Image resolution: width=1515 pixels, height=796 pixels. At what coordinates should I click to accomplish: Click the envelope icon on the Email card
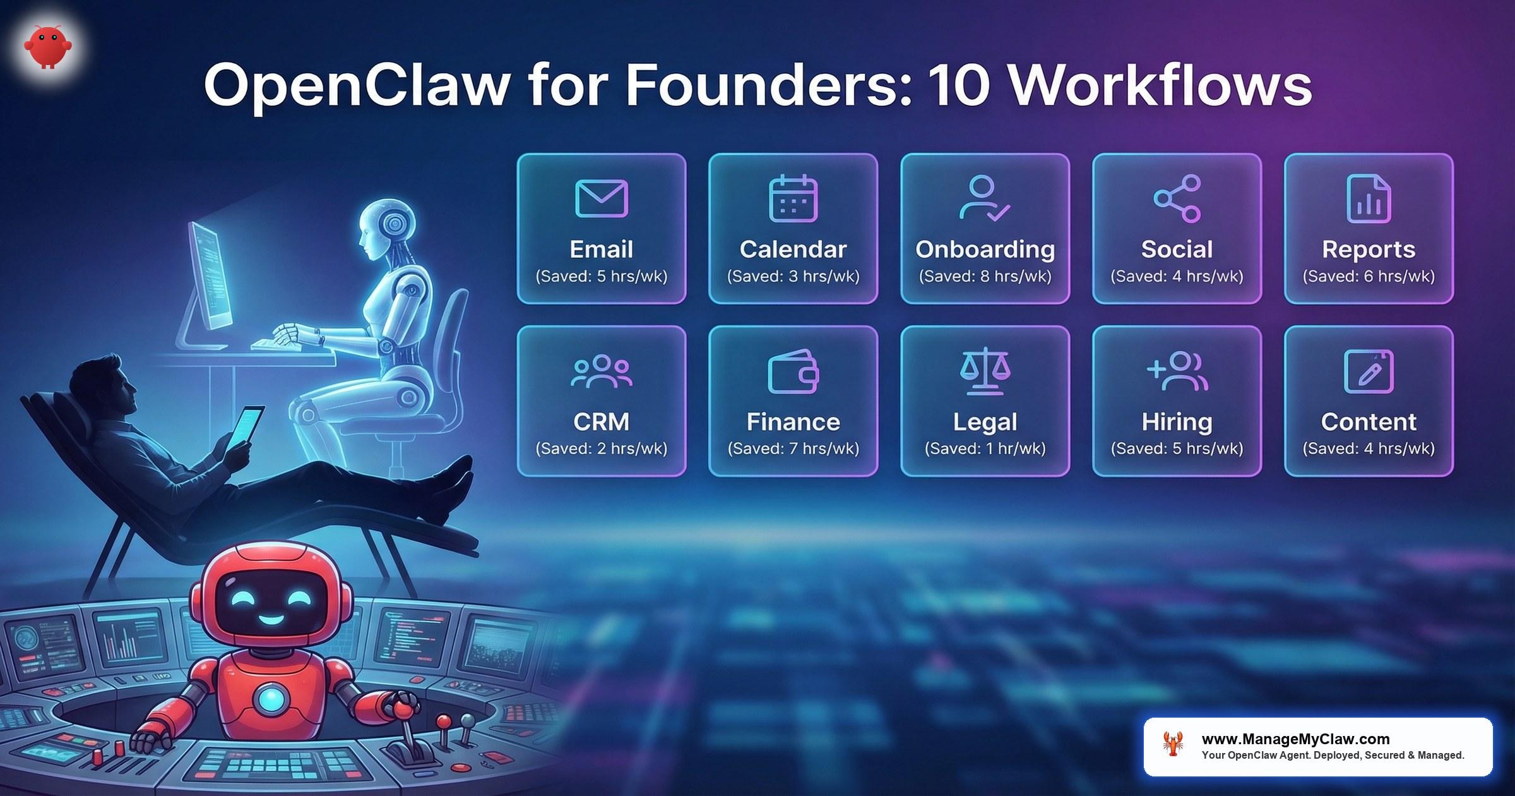click(601, 198)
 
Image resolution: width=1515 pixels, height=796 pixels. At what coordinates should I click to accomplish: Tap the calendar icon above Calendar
click(793, 198)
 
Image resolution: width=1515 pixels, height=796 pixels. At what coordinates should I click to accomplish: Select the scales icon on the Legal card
click(985, 371)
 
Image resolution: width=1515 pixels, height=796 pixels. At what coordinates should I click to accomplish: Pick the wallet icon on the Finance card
click(793, 371)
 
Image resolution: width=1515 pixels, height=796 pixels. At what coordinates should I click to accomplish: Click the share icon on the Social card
click(1177, 198)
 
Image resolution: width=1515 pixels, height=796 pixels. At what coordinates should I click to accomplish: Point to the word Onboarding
click(985, 250)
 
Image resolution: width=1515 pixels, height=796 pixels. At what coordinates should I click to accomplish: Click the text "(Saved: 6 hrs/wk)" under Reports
click(1369, 277)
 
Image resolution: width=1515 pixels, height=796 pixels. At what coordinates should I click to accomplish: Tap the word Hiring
click(1177, 422)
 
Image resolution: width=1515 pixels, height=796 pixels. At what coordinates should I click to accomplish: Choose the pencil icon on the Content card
click(1369, 371)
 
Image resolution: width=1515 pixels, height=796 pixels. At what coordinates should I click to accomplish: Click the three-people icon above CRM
click(601, 371)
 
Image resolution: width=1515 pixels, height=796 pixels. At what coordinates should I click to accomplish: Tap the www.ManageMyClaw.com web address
click(1295, 739)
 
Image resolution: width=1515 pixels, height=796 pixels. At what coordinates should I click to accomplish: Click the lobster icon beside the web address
click(1173, 744)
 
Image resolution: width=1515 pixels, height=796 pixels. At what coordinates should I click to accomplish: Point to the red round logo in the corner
click(48, 46)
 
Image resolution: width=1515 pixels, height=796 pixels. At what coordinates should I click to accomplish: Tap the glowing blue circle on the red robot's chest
click(271, 698)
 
